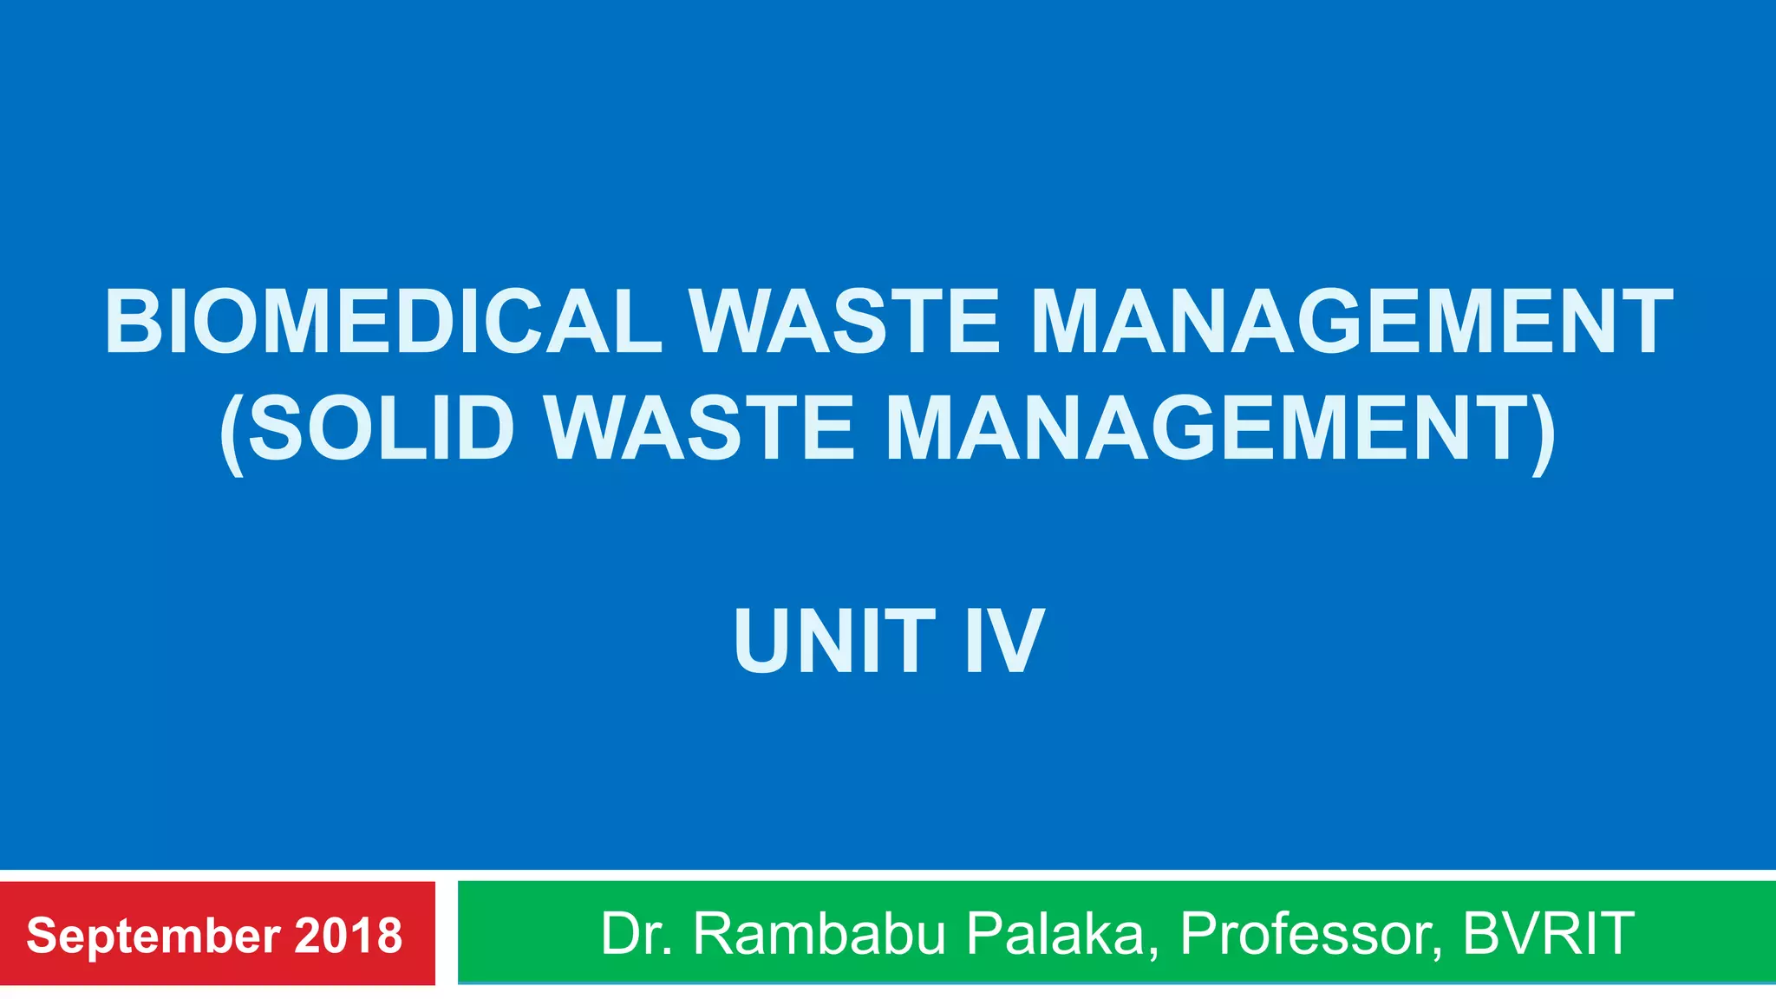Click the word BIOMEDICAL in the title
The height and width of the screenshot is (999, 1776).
(382, 323)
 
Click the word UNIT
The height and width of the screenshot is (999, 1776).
(834, 642)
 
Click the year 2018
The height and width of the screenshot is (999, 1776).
(349, 936)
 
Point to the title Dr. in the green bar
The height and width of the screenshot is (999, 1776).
(637, 934)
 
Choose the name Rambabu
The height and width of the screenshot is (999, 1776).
(819, 934)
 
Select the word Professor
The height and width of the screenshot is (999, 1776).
(1306, 934)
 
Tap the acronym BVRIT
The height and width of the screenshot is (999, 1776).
(1548, 934)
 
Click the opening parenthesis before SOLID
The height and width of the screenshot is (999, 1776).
(230, 432)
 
